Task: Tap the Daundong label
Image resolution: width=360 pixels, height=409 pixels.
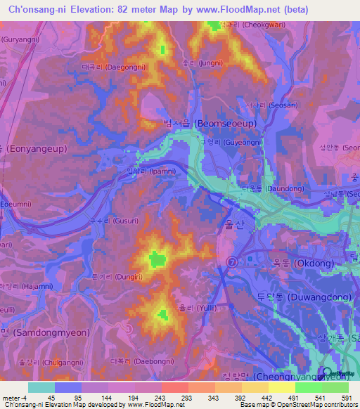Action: coord(282,189)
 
